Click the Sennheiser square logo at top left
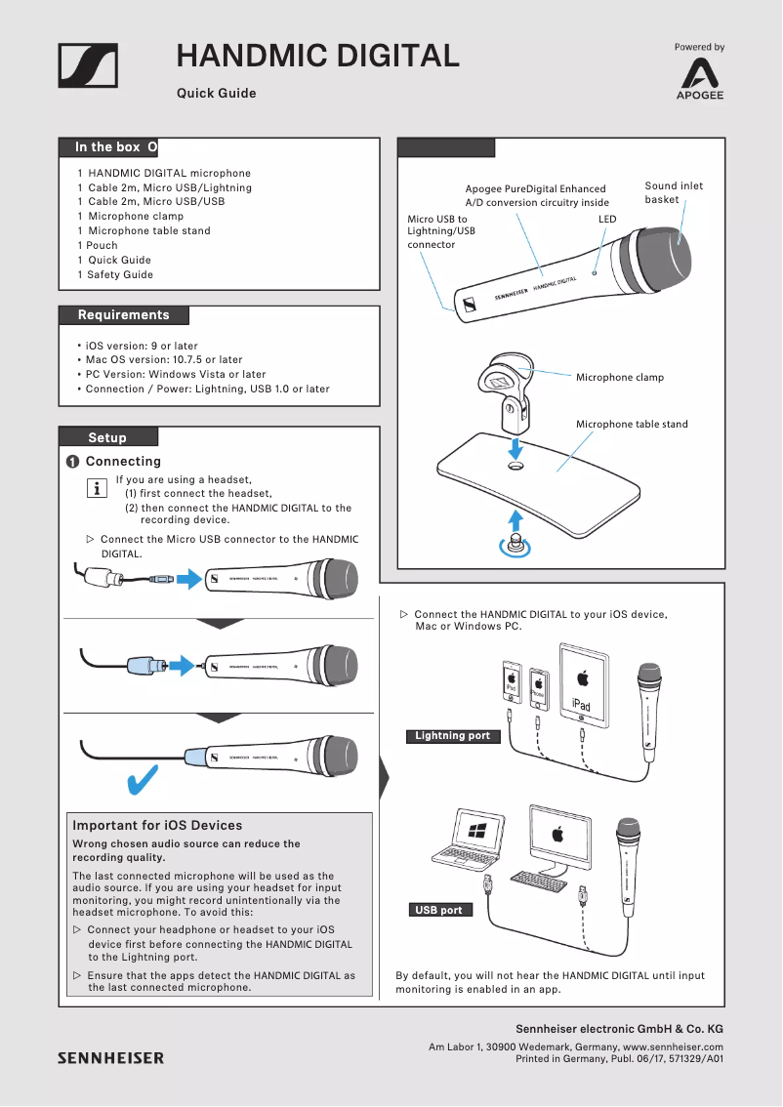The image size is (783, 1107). pyautogui.click(x=88, y=66)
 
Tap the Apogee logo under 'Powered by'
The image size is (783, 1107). pyautogui.click(x=701, y=78)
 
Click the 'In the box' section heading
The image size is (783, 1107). pyautogui.click(x=107, y=147)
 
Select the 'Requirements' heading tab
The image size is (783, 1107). pyautogui.click(x=123, y=315)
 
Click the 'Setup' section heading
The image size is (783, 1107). pyautogui.click(x=107, y=437)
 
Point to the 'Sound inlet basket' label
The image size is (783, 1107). pyautogui.click(x=674, y=192)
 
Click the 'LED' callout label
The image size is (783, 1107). pyautogui.click(x=607, y=220)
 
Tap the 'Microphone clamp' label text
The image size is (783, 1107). pyautogui.click(x=619, y=378)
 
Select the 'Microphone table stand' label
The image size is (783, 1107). pyautogui.click(x=632, y=425)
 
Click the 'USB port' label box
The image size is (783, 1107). pyautogui.click(x=438, y=910)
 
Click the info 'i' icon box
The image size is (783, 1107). pyautogui.click(x=98, y=488)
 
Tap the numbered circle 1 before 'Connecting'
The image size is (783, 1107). pyautogui.click(x=72, y=462)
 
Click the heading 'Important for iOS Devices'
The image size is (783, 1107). pyautogui.click(x=157, y=826)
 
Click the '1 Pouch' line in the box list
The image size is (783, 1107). pyautogui.click(x=98, y=246)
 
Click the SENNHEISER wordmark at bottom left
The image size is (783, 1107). pyautogui.click(x=110, y=1057)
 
